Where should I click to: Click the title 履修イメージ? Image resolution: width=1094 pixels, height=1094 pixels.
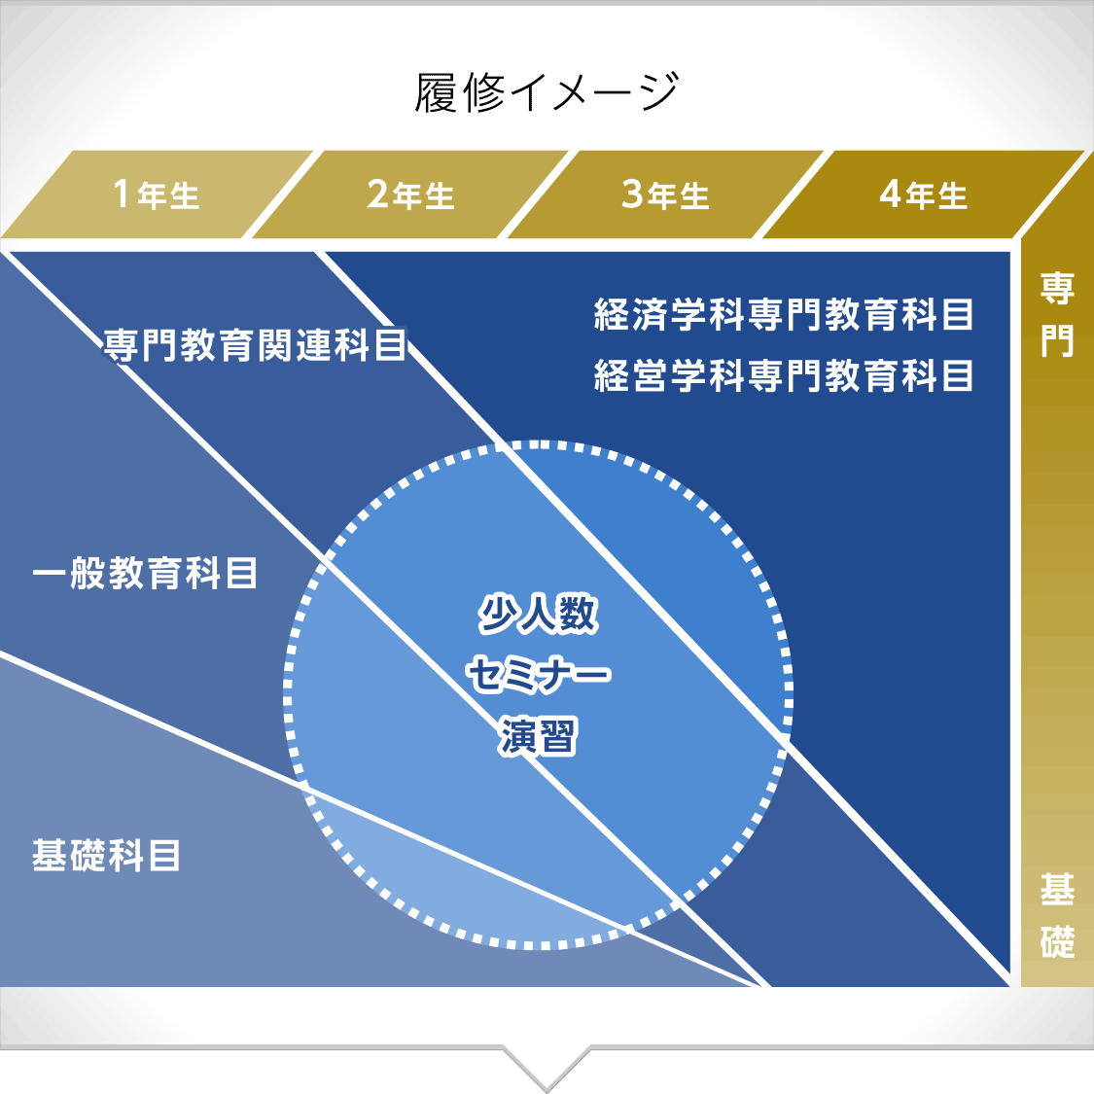pos(547,92)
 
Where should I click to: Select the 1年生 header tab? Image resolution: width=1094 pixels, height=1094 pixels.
pos(157,194)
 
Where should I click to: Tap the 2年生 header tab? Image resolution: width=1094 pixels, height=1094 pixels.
pos(411,194)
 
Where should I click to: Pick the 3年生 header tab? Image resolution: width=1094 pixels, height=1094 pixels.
pos(666,194)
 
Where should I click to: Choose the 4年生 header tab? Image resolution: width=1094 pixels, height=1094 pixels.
pos(924,194)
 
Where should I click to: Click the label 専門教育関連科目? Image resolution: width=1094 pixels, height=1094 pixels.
pos(255,344)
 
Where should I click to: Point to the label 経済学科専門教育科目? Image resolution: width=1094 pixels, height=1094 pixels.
pos(784,314)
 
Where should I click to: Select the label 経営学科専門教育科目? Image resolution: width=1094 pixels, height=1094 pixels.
pos(784,375)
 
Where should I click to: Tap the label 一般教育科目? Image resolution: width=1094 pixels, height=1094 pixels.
pos(145,573)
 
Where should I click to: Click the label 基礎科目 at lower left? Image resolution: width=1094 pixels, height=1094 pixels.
pos(106,856)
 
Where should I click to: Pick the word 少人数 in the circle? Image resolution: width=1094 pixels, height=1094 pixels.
pos(538,614)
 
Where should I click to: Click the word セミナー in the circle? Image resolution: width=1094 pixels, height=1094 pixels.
pos(538,675)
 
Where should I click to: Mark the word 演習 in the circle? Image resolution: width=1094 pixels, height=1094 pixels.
pos(538,736)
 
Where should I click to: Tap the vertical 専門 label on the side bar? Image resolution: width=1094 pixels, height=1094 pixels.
pos(1057,315)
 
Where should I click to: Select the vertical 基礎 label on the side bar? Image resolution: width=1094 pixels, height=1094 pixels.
pos(1057,915)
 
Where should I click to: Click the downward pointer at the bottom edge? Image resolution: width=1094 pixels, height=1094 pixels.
pos(547,1068)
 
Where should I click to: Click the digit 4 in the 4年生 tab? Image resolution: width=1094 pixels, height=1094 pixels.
pos(890,194)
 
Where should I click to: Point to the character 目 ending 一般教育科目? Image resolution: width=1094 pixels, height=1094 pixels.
pos(242,573)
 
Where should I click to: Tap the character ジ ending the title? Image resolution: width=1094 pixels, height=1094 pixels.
pos(658,92)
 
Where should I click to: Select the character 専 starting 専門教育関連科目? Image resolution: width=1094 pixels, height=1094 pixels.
pos(121,344)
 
